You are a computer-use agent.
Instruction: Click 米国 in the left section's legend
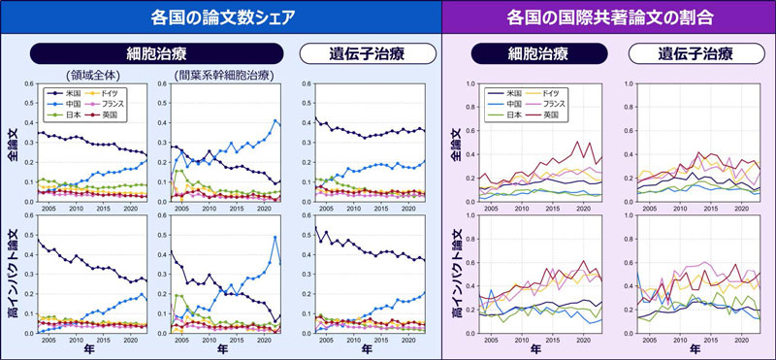(x=70, y=91)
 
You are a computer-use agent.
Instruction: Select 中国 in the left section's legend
(x=70, y=103)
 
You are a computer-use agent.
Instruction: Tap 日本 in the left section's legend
(x=70, y=115)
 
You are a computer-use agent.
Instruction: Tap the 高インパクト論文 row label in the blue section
(x=12, y=279)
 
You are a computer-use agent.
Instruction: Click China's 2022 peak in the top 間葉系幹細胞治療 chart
(x=275, y=121)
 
